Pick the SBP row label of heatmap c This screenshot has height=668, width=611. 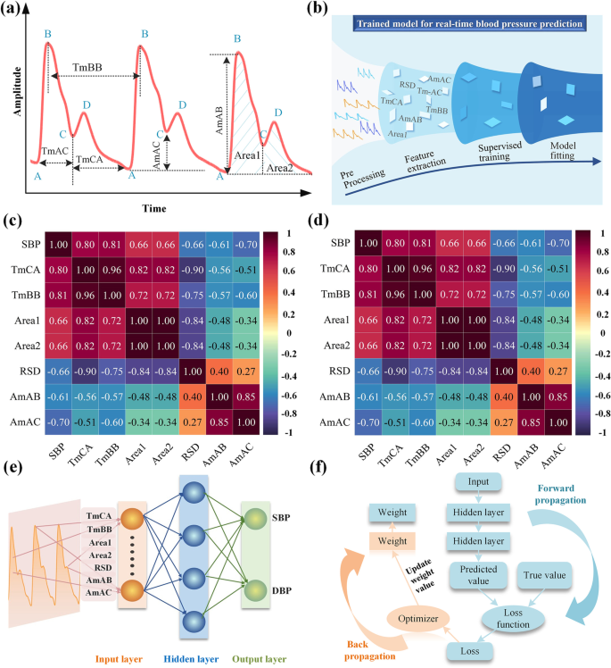pos(29,242)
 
